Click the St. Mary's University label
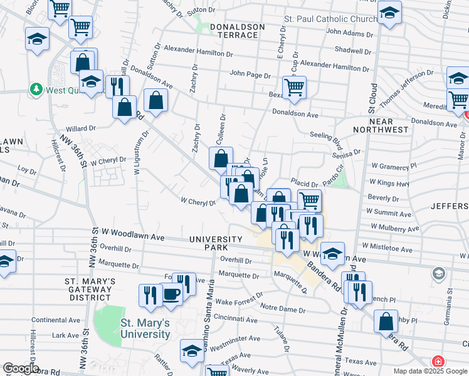(x=145, y=328)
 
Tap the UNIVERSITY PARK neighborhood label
(x=216, y=243)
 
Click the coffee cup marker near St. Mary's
(x=171, y=292)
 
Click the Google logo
(x=20, y=368)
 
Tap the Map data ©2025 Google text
(x=429, y=370)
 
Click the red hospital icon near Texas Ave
(x=437, y=362)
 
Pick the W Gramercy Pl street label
(x=393, y=166)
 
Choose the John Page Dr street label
(x=250, y=75)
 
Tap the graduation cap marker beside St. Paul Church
(x=389, y=13)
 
